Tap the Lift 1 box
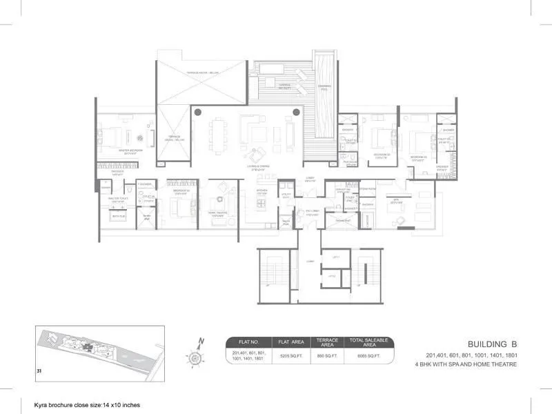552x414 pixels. click(335, 257)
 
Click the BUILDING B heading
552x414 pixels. click(493, 344)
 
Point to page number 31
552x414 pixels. click(40, 373)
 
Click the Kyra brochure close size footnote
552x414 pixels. click(82, 405)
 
